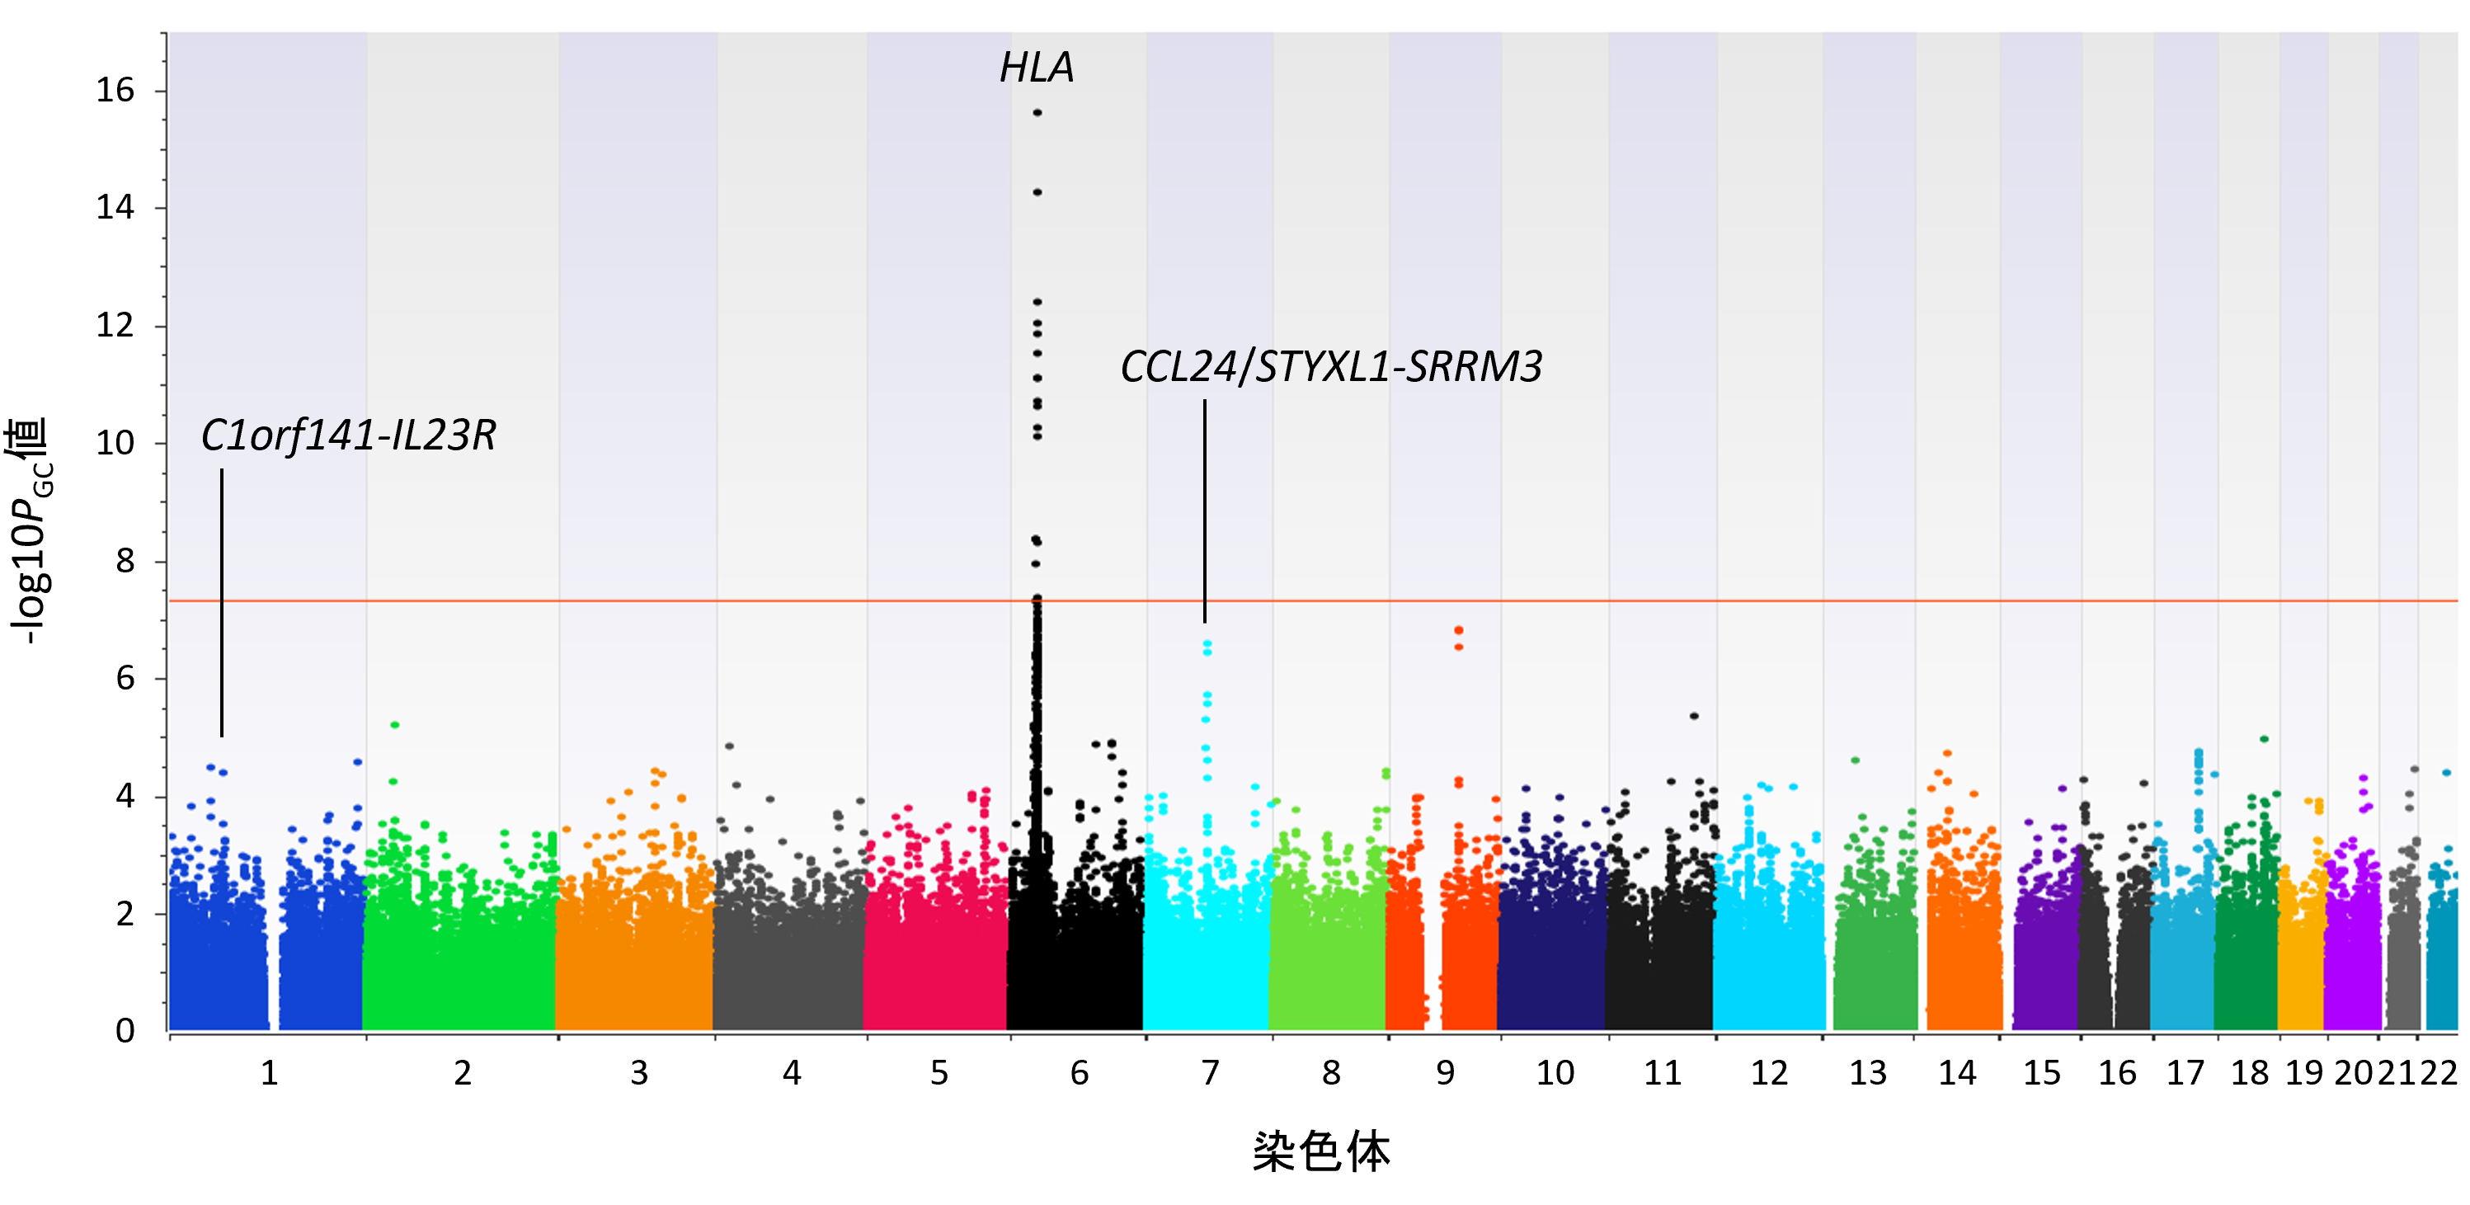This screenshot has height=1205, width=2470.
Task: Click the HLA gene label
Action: click(1037, 67)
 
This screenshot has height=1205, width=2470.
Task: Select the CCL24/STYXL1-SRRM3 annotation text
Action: click(1331, 367)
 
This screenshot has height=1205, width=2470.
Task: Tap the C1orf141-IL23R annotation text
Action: click(348, 436)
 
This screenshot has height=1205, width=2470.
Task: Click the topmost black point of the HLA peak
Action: click(1037, 113)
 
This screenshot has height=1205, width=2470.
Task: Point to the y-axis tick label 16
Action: click(115, 91)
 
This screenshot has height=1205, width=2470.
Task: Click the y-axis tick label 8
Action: click(125, 561)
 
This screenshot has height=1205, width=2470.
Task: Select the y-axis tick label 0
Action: click(125, 1032)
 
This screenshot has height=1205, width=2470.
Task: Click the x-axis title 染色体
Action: click(1321, 1151)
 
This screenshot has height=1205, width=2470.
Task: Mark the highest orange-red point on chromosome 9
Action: click(1458, 631)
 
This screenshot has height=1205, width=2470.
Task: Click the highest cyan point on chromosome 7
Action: click(1207, 644)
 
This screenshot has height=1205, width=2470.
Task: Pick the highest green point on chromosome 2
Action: click(394, 725)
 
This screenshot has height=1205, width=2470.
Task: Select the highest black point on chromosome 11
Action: click(1694, 716)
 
